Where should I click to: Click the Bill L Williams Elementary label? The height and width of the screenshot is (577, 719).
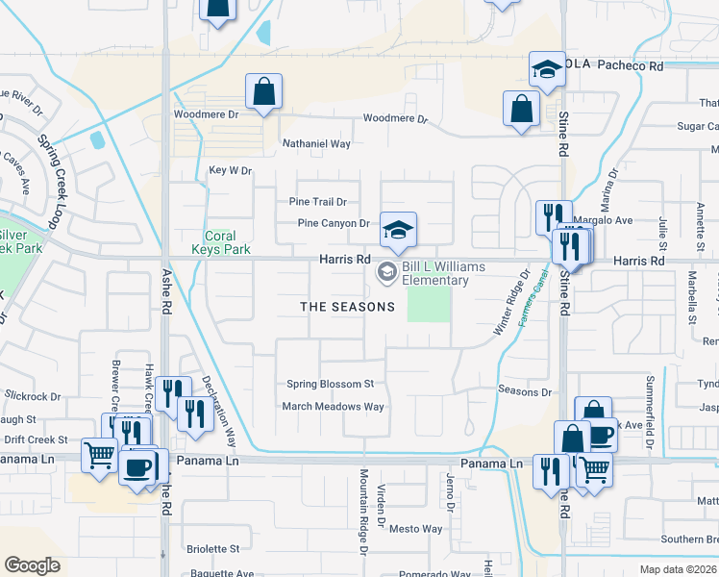[x=435, y=273]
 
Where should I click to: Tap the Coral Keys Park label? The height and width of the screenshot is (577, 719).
[x=228, y=243]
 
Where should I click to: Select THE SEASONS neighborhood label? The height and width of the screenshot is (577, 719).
[x=347, y=307]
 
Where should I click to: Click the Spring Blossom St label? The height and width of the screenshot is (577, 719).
[x=330, y=385]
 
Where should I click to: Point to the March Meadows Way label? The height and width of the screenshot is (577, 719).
[x=333, y=407]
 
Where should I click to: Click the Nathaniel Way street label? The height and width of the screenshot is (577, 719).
[x=315, y=143]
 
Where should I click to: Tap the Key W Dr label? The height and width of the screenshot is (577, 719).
[x=230, y=171]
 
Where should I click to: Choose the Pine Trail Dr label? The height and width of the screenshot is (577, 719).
[x=317, y=202]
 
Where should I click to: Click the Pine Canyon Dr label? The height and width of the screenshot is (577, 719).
[x=334, y=223]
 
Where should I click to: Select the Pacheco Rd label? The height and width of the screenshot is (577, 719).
[x=630, y=66]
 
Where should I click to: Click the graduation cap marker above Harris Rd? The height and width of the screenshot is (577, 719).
[x=398, y=229]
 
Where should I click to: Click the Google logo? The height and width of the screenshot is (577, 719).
[x=32, y=565]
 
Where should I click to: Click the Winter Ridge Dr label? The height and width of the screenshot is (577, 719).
[x=512, y=303]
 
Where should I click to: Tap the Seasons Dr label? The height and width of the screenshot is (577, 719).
[x=525, y=391]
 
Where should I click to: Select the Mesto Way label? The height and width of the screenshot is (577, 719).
[x=415, y=529]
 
